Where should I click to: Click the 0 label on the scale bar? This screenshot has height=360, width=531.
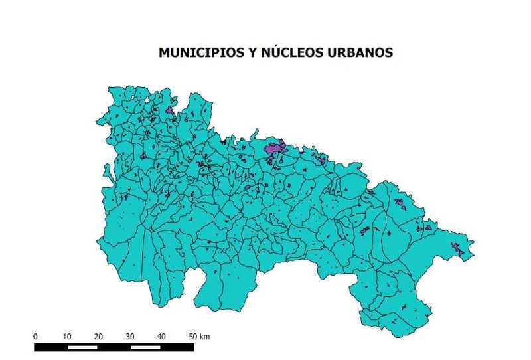[35, 336]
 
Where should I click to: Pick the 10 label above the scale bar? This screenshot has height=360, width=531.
[66, 336]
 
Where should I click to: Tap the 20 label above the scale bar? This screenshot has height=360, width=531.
[98, 336]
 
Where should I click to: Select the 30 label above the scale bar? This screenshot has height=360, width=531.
[130, 336]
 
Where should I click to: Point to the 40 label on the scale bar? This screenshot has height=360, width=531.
[161, 336]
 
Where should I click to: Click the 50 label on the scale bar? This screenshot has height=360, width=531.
[192, 336]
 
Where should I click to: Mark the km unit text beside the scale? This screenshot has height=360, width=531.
[205, 336]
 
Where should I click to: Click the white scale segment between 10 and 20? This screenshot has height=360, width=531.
[82, 347]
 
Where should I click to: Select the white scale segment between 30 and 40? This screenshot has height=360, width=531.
[145, 347]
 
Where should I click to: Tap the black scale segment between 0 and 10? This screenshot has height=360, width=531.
[51, 347]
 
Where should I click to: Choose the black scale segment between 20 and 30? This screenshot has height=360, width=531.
[114, 347]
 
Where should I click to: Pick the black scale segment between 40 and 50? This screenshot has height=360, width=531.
[177, 347]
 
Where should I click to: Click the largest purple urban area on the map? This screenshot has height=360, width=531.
[273, 149]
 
